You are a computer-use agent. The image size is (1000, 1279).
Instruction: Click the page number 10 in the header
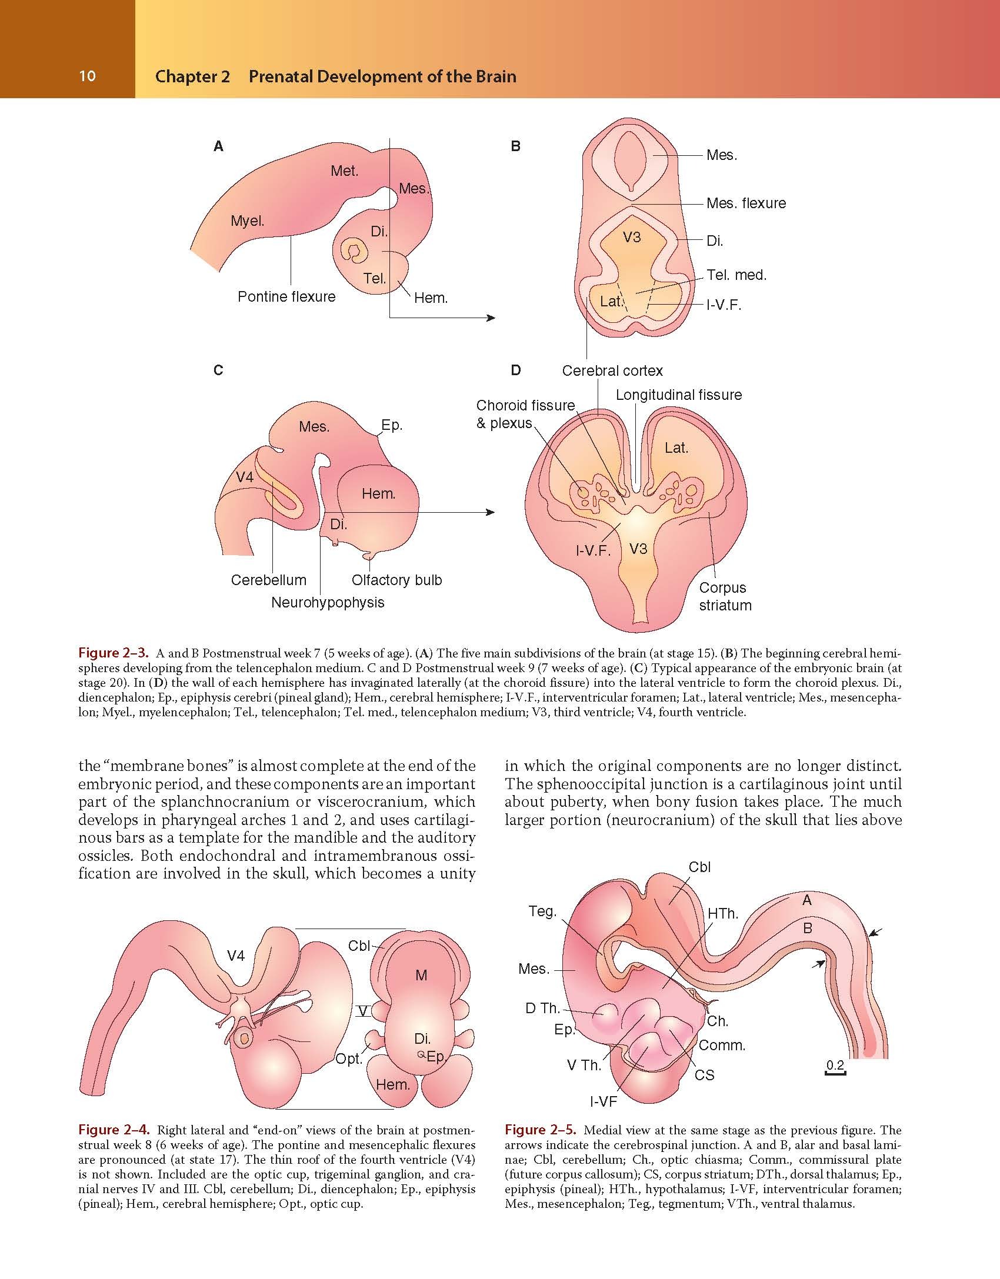click(87, 76)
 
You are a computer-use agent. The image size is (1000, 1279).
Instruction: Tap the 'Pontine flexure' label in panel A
click(286, 296)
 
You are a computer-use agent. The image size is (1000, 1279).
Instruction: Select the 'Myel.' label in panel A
click(247, 221)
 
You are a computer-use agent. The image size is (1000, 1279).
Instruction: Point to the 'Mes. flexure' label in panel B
click(746, 203)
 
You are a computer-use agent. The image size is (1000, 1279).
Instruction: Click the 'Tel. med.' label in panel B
click(736, 275)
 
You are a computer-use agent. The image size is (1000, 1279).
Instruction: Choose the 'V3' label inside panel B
click(631, 237)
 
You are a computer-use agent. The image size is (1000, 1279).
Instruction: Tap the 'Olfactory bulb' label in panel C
click(396, 580)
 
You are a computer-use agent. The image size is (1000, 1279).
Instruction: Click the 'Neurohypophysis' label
click(328, 602)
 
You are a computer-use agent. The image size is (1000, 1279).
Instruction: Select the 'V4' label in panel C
click(245, 477)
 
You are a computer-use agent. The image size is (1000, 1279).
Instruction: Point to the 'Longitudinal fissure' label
click(679, 395)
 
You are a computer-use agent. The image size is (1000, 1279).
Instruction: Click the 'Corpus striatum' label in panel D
click(725, 596)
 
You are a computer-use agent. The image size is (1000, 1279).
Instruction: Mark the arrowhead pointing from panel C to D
click(490, 512)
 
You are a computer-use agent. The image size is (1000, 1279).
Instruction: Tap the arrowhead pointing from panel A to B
click(490, 318)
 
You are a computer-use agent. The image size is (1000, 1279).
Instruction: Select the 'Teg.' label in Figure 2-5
click(542, 911)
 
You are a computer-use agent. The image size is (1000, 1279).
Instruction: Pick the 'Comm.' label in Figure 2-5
click(722, 1046)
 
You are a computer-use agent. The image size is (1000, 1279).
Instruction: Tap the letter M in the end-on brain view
click(421, 976)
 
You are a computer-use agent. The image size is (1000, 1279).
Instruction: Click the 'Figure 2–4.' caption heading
click(115, 1130)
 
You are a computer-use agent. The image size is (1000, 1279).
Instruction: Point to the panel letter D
click(516, 370)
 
